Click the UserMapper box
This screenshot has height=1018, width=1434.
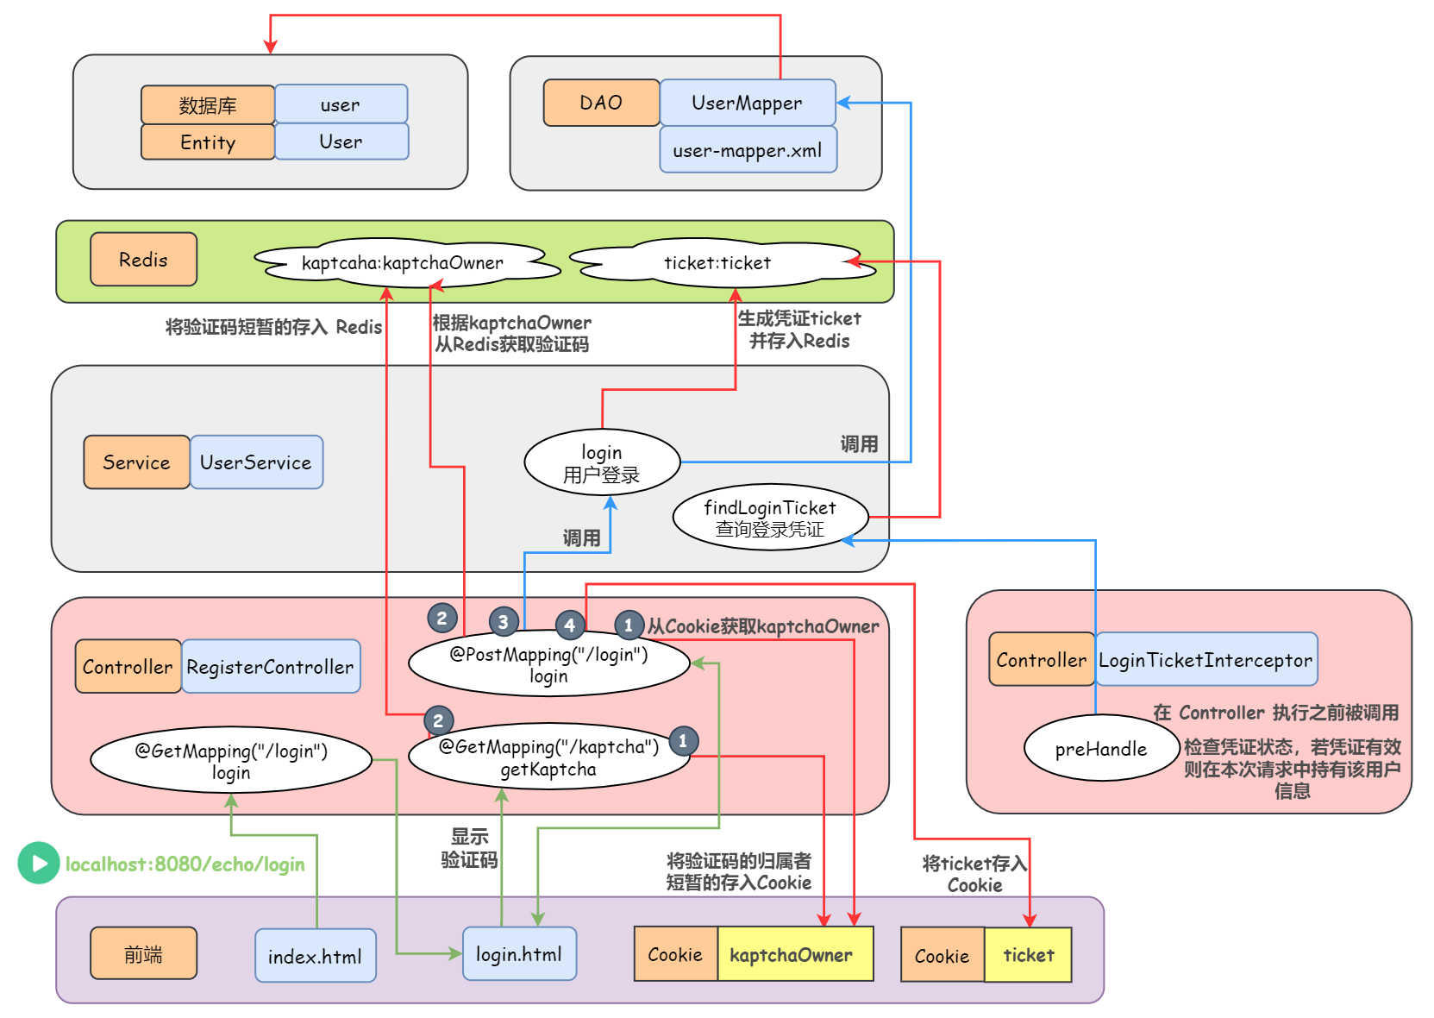747,103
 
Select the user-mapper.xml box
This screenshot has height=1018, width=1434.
747,150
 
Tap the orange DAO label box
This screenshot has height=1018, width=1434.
601,103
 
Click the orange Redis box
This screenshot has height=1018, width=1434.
143,260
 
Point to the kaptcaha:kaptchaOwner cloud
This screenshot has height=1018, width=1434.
403,262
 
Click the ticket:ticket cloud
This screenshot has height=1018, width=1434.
717,262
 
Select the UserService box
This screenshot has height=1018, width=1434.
256,462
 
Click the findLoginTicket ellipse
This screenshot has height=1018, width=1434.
769,518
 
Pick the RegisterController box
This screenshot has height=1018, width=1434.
270,667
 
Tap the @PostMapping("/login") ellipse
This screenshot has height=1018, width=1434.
548,664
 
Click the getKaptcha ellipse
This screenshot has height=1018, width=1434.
548,757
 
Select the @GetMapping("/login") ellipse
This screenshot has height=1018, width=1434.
231,761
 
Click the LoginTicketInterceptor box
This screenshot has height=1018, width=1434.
1205,660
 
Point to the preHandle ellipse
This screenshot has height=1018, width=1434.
1101,749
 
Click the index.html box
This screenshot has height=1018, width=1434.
315,956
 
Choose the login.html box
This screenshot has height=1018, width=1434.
518,954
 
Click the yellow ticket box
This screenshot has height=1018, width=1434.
1028,955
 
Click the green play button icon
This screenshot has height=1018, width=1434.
39,863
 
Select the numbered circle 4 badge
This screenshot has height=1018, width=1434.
569,625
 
